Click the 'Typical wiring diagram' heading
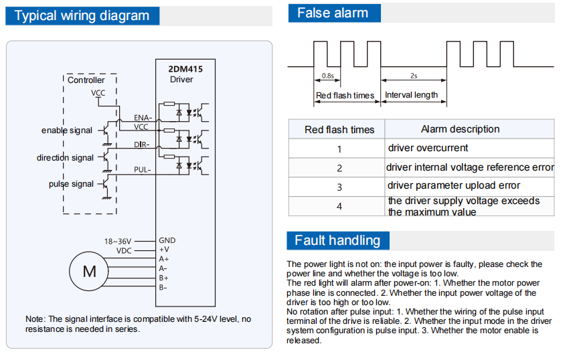82,16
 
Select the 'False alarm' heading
332,13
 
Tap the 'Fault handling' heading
337,240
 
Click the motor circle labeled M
89,271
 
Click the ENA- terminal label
143,118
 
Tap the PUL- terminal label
143,170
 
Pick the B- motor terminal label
163,287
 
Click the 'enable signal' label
67,130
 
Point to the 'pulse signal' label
71,184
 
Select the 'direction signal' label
65,158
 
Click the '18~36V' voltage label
118,241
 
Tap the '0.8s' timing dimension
328,76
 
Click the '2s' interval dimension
414,76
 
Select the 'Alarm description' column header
460,129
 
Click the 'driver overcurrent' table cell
428,148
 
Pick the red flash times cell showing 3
339,187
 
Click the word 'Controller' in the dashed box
86,80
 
